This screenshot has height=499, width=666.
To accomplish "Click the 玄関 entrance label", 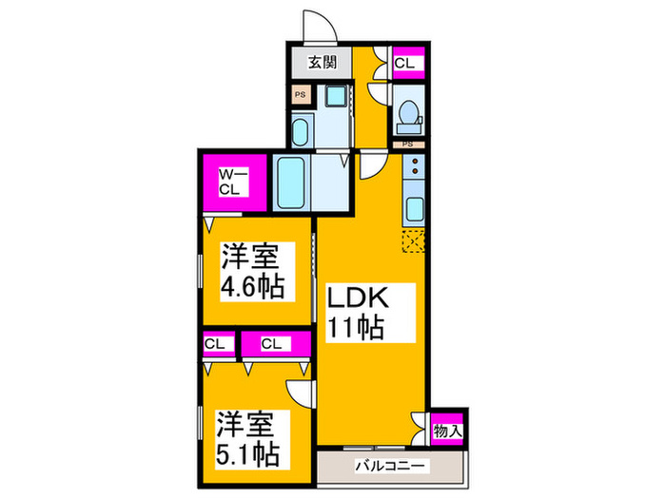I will click(x=321, y=65).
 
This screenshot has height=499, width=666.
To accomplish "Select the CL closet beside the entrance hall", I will click(x=406, y=64).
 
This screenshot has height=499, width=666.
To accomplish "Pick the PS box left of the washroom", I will click(x=301, y=95).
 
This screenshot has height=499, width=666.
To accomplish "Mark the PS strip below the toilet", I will click(x=407, y=144).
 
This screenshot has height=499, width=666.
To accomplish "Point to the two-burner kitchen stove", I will click(x=414, y=169).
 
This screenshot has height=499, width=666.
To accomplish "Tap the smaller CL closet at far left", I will click(x=215, y=343).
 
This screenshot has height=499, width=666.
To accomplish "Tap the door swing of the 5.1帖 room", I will click(x=300, y=393).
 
